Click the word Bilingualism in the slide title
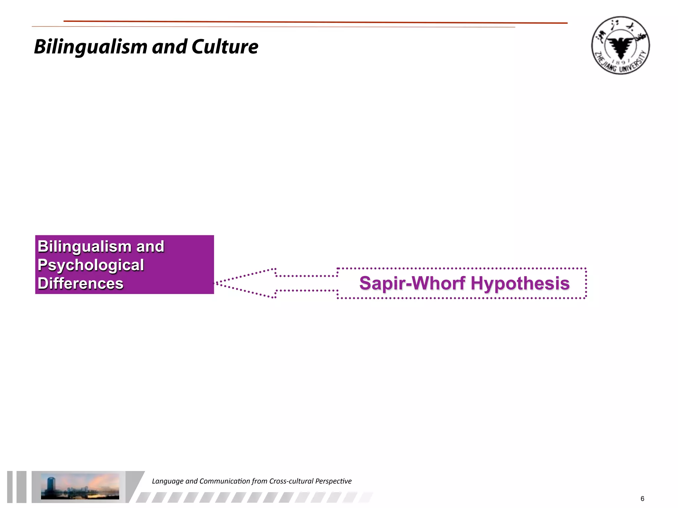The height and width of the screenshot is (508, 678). tap(90, 47)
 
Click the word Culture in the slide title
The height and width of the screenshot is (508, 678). tap(225, 47)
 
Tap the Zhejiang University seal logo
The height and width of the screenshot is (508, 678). tap(620, 45)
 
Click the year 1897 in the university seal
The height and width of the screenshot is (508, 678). tap(621, 62)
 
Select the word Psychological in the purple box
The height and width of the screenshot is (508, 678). tap(91, 265)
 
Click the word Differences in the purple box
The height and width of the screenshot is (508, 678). tap(80, 283)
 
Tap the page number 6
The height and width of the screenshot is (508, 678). tap(642, 499)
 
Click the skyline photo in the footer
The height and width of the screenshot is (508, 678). tap(80, 486)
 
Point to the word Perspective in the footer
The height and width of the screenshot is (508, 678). tap(333, 481)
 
